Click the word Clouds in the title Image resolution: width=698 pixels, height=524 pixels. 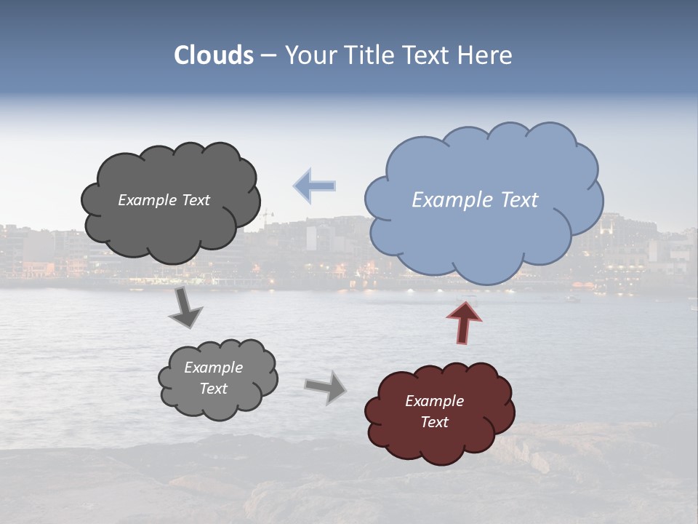(214, 55)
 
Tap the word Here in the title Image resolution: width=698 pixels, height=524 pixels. (485, 55)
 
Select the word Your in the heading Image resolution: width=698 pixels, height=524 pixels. (311, 55)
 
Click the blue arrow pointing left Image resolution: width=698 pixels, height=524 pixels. (315, 186)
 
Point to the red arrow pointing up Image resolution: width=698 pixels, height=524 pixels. (465, 321)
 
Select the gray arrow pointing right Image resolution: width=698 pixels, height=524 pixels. (325, 386)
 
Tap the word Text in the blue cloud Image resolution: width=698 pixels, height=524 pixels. (519, 200)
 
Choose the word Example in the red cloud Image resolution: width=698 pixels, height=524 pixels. (434, 401)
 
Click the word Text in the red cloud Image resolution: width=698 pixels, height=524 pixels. (434, 422)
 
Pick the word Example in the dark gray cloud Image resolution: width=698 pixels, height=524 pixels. (148, 200)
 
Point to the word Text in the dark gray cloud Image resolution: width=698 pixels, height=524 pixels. (196, 200)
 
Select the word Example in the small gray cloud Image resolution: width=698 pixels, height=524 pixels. (213, 368)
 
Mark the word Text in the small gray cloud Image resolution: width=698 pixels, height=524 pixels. (213, 389)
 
